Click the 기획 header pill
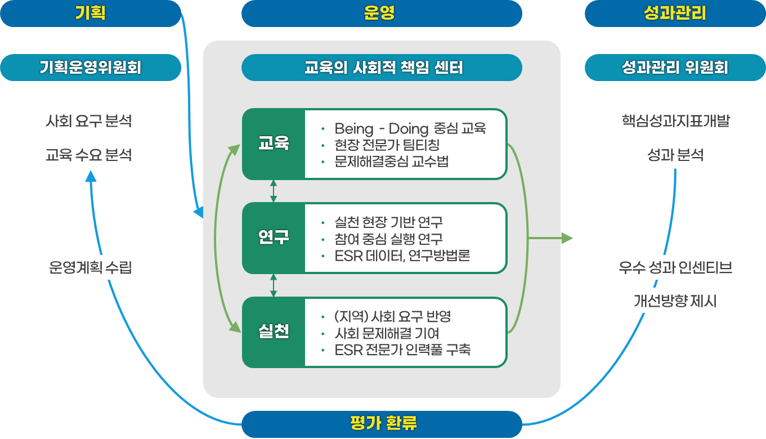click(x=91, y=14)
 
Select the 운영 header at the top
click(x=382, y=14)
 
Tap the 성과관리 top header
click(x=675, y=14)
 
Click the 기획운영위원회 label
click(x=91, y=68)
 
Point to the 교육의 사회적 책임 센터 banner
click(x=382, y=68)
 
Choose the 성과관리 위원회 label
click(x=675, y=68)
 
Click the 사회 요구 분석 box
click(x=91, y=121)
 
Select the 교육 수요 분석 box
click(x=91, y=155)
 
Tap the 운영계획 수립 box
click(x=91, y=267)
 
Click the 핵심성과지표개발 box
click(x=675, y=121)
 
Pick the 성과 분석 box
click(x=675, y=155)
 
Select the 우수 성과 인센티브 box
click(x=675, y=267)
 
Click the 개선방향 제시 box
click(x=675, y=301)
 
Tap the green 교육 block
click(x=274, y=144)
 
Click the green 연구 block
click(x=274, y=238)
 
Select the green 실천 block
click(x=274, y=332)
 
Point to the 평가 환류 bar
click(x=382, y=424)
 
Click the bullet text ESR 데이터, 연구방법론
click(x=402, y=256)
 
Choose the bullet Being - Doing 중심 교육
click(x=410, y=128)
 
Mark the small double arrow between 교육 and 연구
click(x=274, y=191)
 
